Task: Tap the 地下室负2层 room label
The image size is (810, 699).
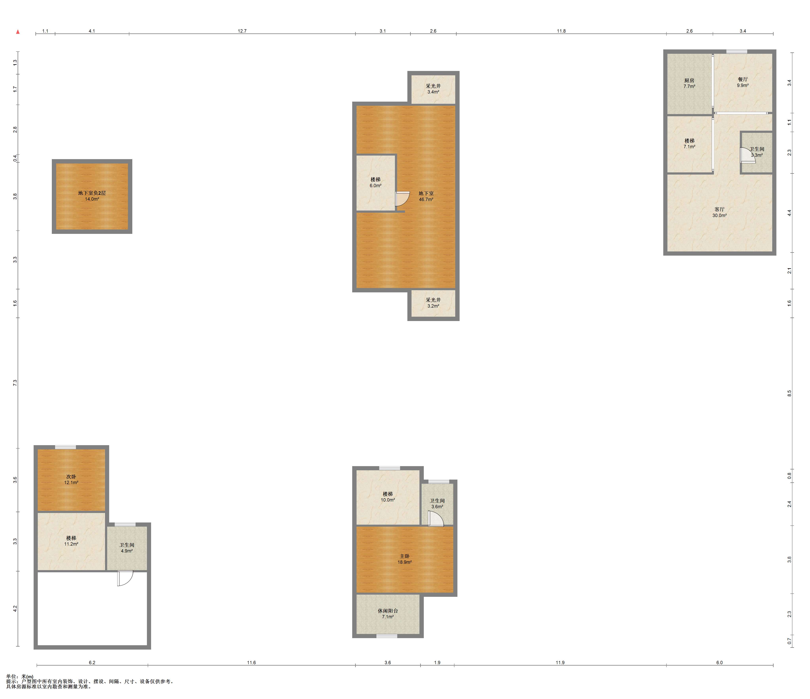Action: pos(92,193)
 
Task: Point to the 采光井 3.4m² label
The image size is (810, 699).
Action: pos(433,89)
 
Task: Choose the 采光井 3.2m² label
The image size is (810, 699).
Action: pos(433,303)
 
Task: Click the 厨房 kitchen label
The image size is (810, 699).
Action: pos(689,80)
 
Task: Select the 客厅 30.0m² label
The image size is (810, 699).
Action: pos(719,212)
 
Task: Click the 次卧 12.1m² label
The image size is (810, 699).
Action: pos(71,479)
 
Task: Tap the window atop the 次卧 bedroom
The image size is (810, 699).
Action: pos(65,447)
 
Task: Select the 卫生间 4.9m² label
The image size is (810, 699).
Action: pos(127,548)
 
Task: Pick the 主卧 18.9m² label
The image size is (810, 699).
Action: pos(405,559)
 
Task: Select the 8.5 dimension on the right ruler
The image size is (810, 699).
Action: pos(789,393)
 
